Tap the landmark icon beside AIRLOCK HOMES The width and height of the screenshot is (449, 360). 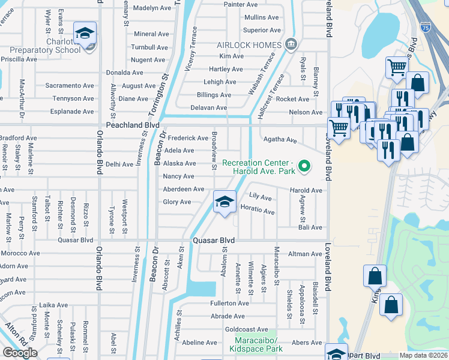[x=291, y=44]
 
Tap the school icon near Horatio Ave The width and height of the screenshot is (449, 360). [x=224, y=202]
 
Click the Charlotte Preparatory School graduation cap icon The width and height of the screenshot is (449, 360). [x=85, y=33]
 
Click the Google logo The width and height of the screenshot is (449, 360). [x=20, y=353]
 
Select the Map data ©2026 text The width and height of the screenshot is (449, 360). [x=423, y=356]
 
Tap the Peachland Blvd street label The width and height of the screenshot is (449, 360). [x=133, y=125]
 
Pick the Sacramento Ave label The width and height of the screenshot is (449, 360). [x=64, y=86]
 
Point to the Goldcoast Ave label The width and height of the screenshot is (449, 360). [x=246, y=329]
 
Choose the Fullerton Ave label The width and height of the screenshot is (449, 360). [x=229, y=304]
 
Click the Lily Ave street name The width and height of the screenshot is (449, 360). [x=260, y=197]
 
